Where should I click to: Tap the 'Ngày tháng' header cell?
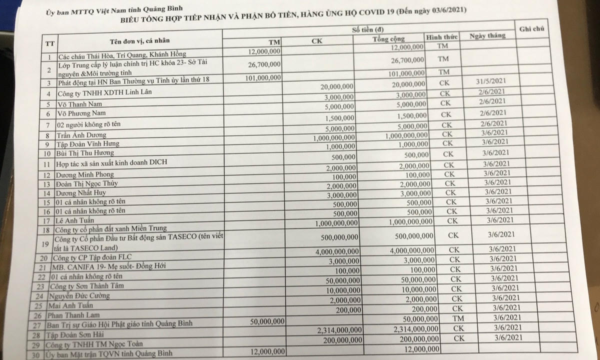tap(487, 36)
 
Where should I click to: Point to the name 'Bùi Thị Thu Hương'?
tap(85, 152)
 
